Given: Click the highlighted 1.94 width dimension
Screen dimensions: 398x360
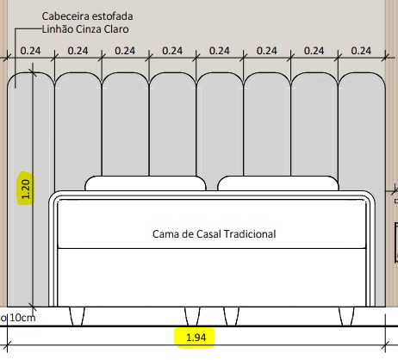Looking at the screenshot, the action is [196, 338].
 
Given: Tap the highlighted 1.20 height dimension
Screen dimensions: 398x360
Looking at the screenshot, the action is [26, 189].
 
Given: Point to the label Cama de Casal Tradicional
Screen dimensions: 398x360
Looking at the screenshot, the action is [214, 234].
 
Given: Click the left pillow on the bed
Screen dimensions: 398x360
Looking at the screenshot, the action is [146, 183].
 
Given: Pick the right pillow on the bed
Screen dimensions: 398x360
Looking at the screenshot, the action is [278, 183].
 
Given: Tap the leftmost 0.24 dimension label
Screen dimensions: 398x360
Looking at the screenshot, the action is [30, 51].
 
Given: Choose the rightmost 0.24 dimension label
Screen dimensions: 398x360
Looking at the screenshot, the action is [361, 51].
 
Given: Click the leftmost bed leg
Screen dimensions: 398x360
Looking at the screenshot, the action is [78, 316].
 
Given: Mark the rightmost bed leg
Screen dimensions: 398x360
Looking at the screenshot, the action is [346, 316].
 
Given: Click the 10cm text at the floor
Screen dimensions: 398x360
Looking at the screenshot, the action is [22, 318].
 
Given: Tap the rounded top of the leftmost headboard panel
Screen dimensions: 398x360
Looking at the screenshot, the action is [31, 73].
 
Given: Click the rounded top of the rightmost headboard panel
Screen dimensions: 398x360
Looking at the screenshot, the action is [362, 73].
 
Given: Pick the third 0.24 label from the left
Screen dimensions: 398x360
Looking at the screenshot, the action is [125, 51].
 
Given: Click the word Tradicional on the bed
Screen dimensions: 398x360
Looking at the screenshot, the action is [250, 234].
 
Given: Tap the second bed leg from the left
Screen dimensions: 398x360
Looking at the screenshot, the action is [192, 316].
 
